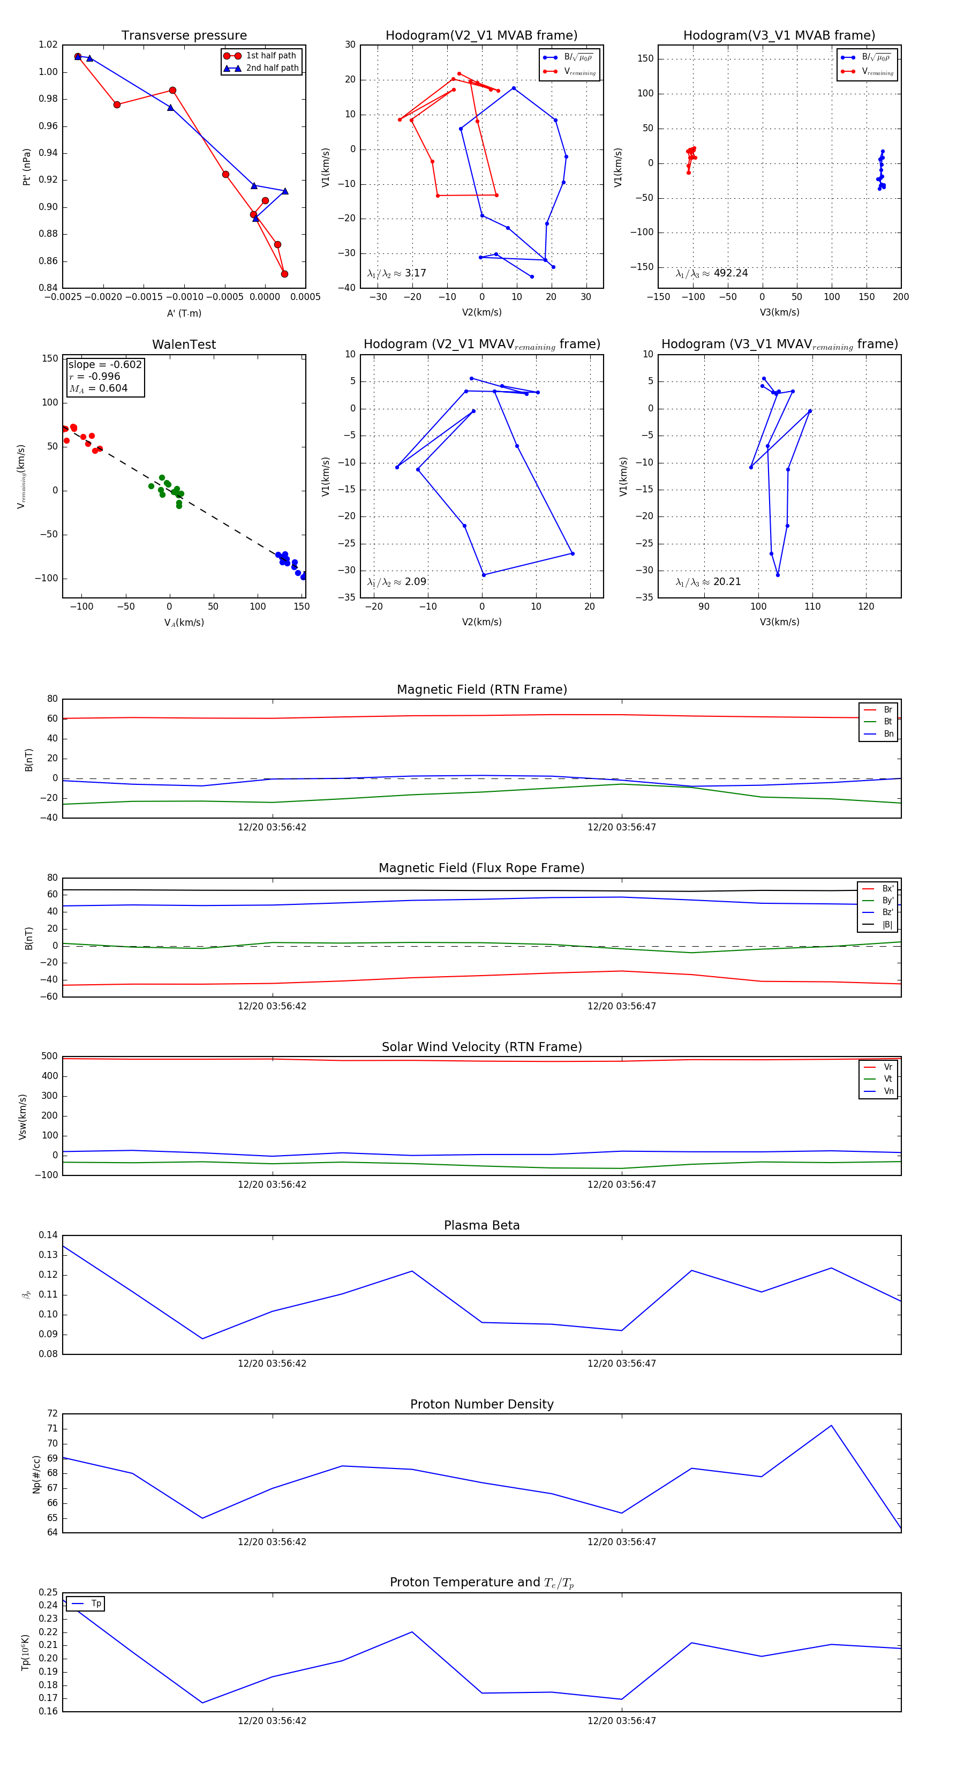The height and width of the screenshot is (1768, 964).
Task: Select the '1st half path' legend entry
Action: (x=270, y=56)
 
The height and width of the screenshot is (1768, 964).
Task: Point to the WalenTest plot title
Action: (x=184, y=344)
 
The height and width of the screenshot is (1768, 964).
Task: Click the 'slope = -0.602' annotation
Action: (x=105, y=364)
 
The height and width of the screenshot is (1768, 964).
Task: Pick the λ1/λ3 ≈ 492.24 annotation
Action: (x=712, y=273)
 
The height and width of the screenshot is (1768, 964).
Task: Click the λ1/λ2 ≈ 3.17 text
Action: (x=396, y=273)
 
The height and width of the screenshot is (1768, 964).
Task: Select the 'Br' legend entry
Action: (x=887, y=710)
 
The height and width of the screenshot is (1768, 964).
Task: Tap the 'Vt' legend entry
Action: (x=887, y=1079)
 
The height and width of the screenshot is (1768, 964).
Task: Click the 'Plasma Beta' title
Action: (x=481, y=1225)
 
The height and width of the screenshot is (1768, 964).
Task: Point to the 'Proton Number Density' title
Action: (x=481, y=1404)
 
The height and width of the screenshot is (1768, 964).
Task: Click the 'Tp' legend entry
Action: (x=96, y=1604)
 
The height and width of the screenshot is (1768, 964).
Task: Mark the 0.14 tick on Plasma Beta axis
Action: (x=48, y=1235)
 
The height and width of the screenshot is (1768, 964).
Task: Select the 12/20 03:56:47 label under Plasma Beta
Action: (x=622, y=1363)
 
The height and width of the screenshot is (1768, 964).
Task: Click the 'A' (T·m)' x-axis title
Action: (x=184, y=313)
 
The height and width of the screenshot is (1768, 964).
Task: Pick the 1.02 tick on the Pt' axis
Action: (x=48, y=44)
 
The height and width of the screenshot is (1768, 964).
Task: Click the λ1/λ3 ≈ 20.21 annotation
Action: (x=708, y=582)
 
